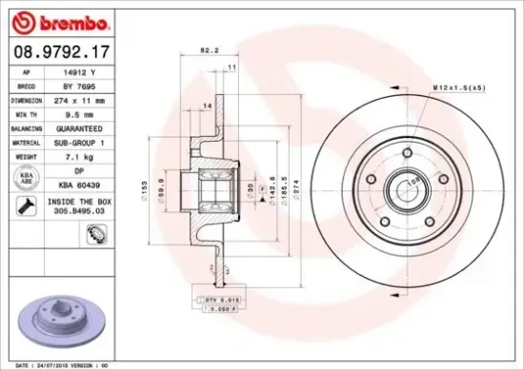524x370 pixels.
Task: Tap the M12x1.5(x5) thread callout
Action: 460,88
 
